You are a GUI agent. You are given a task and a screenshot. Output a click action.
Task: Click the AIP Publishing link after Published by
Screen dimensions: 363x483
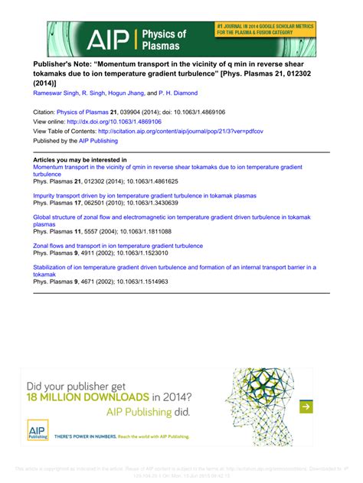97,140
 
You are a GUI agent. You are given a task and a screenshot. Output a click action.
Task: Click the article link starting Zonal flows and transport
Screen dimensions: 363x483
118,246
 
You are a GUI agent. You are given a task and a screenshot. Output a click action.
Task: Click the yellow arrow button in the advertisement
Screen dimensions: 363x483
305,406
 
